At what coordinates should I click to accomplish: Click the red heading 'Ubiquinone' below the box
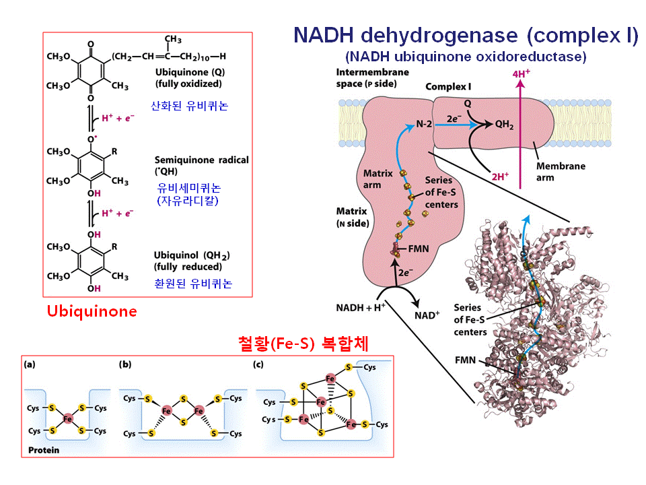[x=92, y=311]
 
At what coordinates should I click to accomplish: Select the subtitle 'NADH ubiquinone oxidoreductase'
[x=466, y=57]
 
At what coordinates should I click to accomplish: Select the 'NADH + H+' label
[x=361, y=308]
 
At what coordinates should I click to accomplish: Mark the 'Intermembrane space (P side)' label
[x=366, y=78]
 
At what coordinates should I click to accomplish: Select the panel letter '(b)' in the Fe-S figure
[x=125, y=364]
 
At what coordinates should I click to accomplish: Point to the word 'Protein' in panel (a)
[x=44, y=450]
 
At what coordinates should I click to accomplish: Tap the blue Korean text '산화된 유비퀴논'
[x=190, y=106]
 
